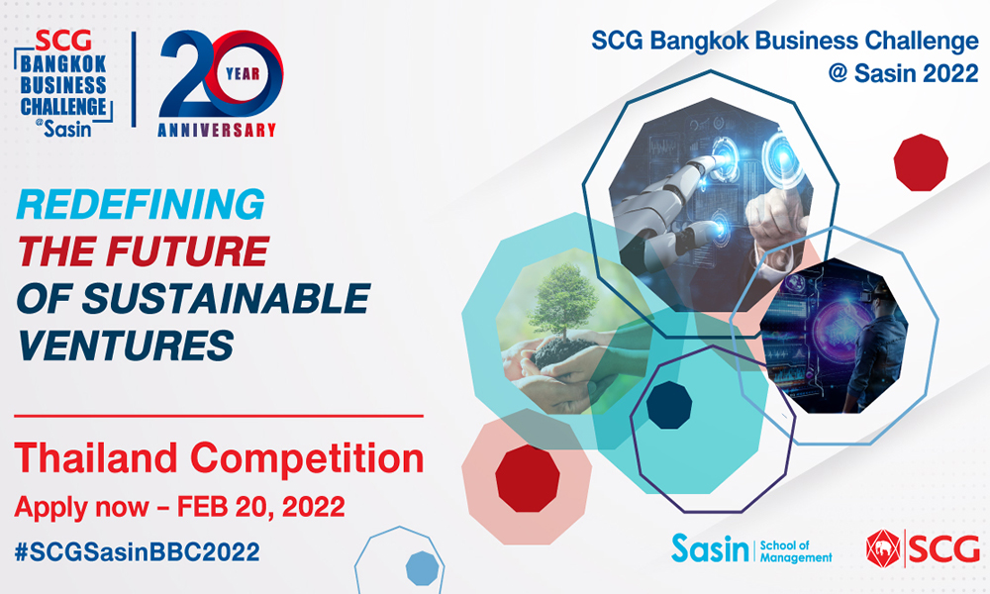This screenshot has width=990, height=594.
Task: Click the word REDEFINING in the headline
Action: coord(141,204)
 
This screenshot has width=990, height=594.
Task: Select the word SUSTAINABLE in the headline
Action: coord(226,298)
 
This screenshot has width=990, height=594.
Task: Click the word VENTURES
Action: coord(126,345)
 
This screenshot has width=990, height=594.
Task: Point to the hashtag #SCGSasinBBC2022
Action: coord(137,551)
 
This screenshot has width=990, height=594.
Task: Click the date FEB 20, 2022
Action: coord(260,506)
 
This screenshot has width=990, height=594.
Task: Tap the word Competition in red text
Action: coord(307,459)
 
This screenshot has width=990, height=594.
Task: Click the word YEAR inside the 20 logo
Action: coord(243,74)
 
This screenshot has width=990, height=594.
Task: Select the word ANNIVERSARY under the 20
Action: coord(217,130)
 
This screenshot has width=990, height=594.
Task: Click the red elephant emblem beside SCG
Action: coord(883,547)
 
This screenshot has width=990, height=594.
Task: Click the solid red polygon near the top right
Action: coord(921,162)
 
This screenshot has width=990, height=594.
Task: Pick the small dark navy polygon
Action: coord(669,405)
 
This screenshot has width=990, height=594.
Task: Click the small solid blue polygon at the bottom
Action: coord(422,568)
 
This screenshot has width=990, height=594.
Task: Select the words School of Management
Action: coord(796,551)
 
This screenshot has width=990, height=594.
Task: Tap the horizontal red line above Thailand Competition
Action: coord(219,416)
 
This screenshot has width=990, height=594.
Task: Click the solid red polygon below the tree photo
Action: coord(528,478)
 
